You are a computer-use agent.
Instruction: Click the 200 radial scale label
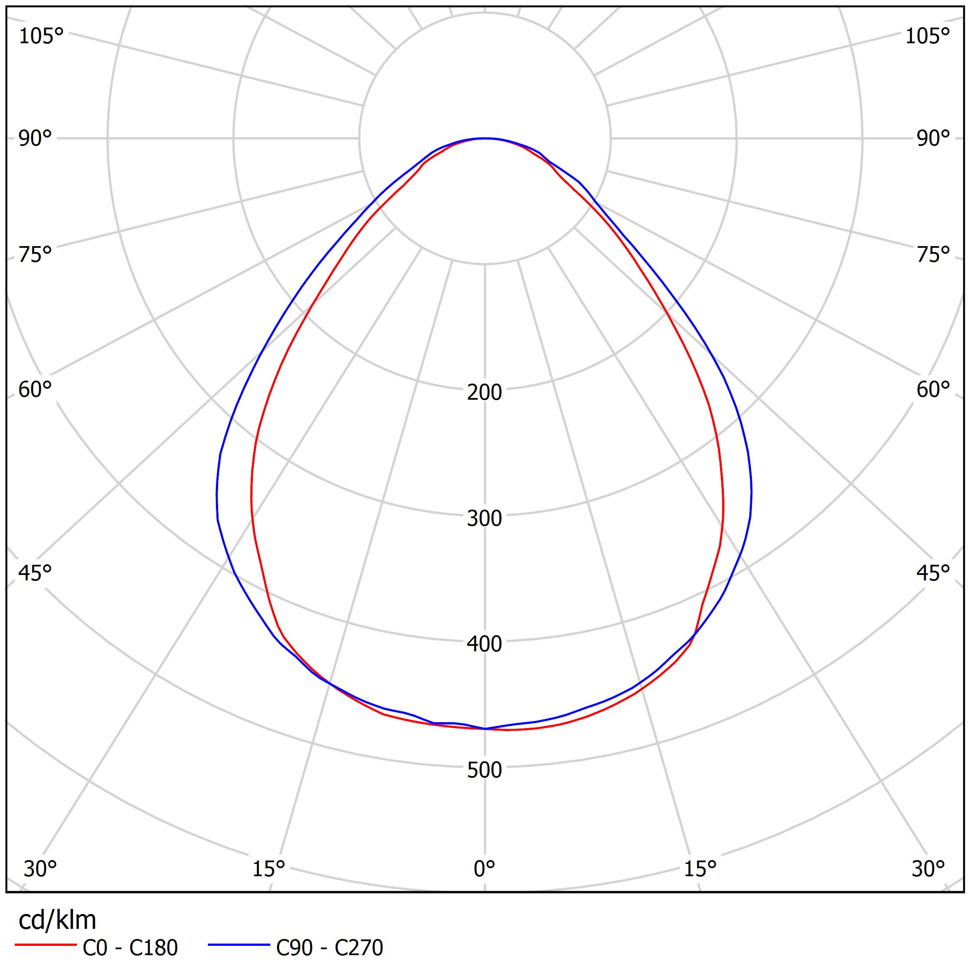pos(484,392)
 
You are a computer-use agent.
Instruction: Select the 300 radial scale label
pos(484,519)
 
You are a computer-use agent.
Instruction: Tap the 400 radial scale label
pos(484,644)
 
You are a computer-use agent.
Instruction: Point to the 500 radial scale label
pos(484,770)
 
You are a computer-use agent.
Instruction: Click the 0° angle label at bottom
pos(484,869)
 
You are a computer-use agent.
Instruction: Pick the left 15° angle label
pos(269,869)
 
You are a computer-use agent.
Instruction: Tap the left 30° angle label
pos(40,869)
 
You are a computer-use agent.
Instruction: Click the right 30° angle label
pos(928,869)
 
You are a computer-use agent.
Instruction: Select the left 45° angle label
pos(35,573)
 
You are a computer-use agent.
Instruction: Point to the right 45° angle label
pos(934,573)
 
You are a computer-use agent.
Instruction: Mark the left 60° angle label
pos(35,390)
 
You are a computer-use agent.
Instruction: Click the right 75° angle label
pos(934,255)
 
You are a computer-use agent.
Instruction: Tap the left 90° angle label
pos(35,139)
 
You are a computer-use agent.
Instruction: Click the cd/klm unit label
pos(57,921)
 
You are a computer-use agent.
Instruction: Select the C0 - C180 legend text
pos(130,948)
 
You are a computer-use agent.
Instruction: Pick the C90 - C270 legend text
pos(329,948)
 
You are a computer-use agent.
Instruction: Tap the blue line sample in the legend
pos(239,945)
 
